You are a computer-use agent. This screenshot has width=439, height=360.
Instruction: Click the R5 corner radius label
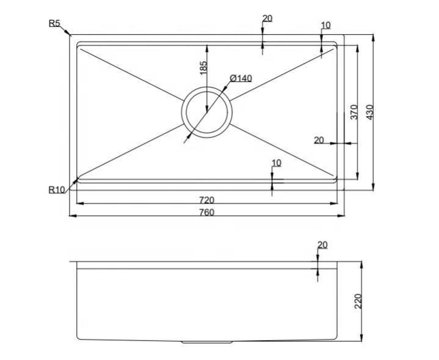pyautogui.click(x=54, y=23)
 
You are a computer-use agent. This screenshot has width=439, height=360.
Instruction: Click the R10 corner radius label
pyautogui.click(x=57, y=190)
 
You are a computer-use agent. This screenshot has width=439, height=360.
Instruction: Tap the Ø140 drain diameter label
pyautogui.click(x=241, y=78)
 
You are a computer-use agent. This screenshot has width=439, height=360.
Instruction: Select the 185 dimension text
pyautogui.click(x=204, y=68)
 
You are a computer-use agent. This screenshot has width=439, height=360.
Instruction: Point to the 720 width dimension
pyautogui.click(x=206, y=200)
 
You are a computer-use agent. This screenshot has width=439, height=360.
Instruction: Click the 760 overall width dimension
pyautogui.click(x=206, y=212)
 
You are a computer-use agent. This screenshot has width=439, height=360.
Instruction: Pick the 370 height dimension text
pyautogui.click(x=354, y=112)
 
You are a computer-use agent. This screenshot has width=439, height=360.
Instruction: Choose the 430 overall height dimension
pyautogui.click(x=370, y=112)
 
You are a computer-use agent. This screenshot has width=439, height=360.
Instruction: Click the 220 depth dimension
pyautogui.click(x=358, y=301)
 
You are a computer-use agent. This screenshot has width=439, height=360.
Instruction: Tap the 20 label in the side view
pyautogui.click(x=322, y=245)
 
